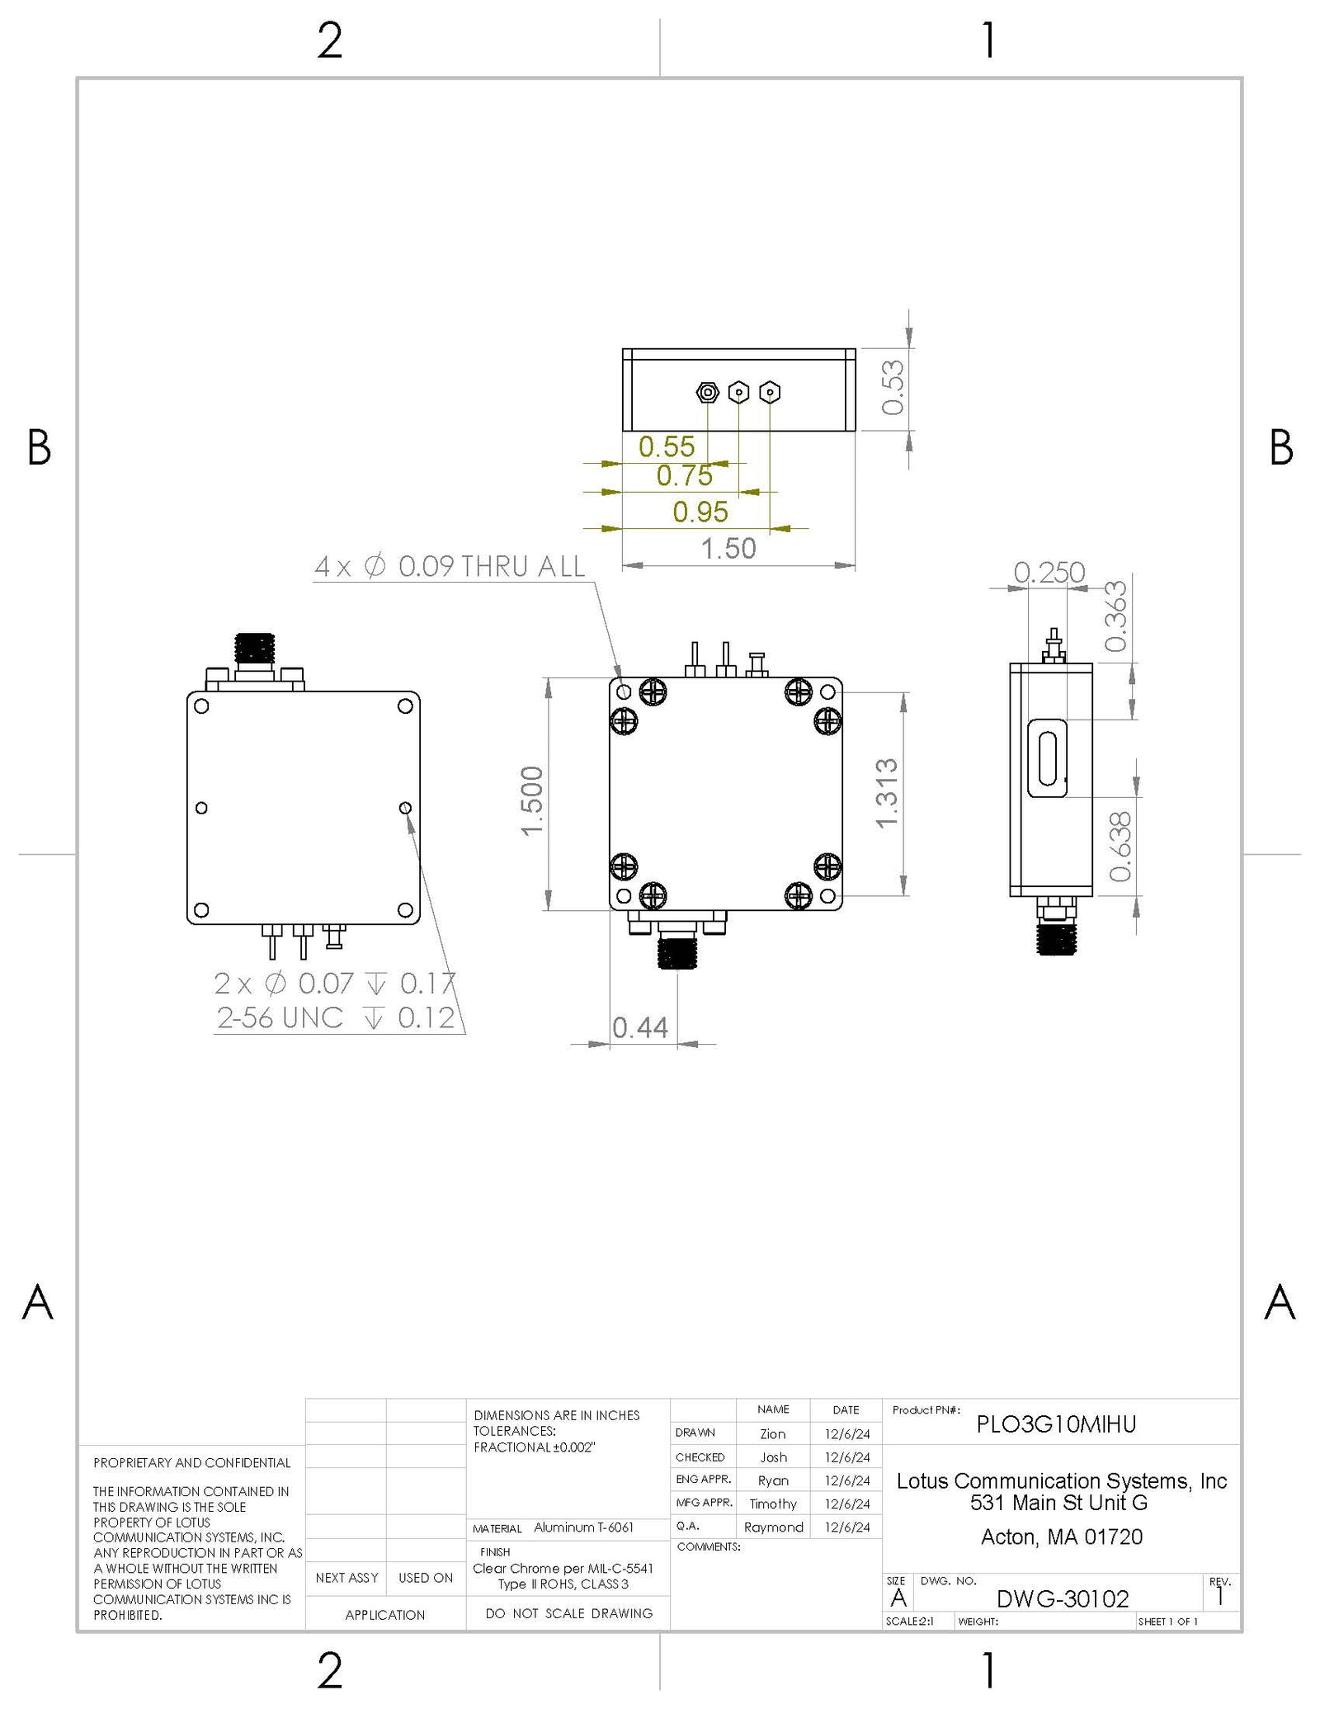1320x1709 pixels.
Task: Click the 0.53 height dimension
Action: point(893,388)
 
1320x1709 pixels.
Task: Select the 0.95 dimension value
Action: point(700,512)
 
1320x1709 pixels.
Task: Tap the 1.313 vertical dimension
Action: point(885,793)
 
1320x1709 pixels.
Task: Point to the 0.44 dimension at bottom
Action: point(639,1027)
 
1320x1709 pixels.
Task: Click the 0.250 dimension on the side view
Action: point(1049,572)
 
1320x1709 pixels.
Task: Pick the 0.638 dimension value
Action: point(1120,847)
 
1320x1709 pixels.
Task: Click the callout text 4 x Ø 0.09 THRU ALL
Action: point(450,567)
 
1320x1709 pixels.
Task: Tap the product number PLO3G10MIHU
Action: point(1056,1424)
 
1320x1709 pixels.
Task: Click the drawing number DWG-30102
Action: point(1062,1599)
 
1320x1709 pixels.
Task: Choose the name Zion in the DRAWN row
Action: point(772,1434)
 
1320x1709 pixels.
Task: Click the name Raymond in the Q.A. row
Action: point(773,1527)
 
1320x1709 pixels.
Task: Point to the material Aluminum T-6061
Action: point(583,1527)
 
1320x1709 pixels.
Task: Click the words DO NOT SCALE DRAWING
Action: point(568,1613)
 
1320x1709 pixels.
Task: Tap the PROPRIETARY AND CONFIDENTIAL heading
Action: point(191,1463)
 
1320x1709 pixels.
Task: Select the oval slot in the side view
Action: point(1048,758)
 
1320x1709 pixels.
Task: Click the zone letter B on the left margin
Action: point(39,448)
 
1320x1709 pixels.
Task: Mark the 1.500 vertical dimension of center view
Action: point(532,800)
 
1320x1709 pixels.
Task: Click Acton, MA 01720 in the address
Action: point(1061,1537)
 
